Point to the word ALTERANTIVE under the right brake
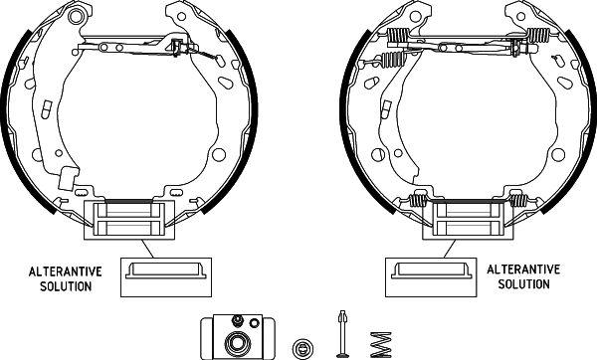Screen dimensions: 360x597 [x=523, y=270]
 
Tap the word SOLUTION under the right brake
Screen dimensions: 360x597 [x=523, y=285]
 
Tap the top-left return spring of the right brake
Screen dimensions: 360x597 [x=398, y=39]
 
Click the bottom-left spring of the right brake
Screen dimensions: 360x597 [x=416, y=203]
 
